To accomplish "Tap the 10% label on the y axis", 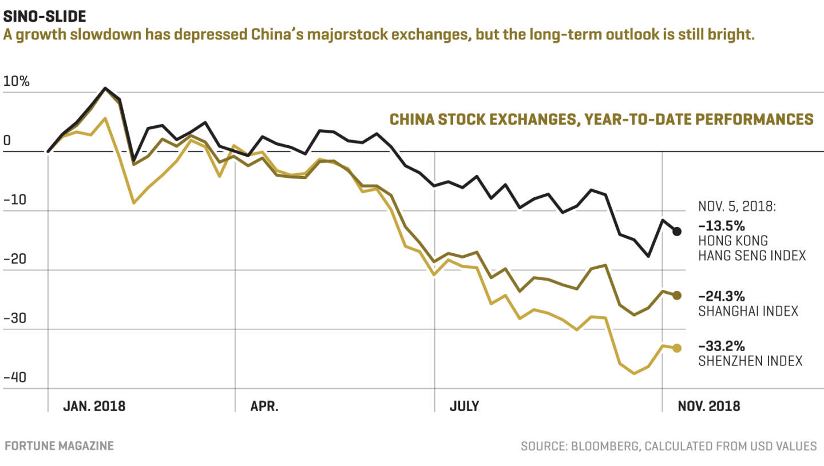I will coord(16,81).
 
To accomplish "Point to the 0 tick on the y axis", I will coord(7,140).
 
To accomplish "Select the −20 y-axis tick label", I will coord(15,258).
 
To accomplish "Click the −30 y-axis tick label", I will coord(15,318).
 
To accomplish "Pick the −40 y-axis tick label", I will coord(15,377).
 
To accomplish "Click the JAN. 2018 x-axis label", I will coord(94,407).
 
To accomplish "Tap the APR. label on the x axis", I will coord(264,407).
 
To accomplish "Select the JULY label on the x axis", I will coord(464,407).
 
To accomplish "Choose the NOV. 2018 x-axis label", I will coord(709,407).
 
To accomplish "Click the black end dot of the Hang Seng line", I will coord(677,231).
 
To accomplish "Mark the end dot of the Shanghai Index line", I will coord(677,295).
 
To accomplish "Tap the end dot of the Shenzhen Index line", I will coord(677,348).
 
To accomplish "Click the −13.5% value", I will coord(722,224).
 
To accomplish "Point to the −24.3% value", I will coord(722,296).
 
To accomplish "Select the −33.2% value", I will coord(722,346).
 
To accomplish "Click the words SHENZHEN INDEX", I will coord(750,361).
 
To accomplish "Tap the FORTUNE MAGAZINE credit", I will coord(59,446).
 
